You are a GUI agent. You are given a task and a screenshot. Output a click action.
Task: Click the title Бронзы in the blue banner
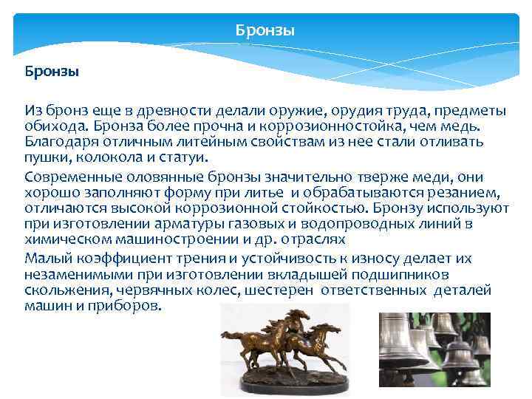[265, 31]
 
